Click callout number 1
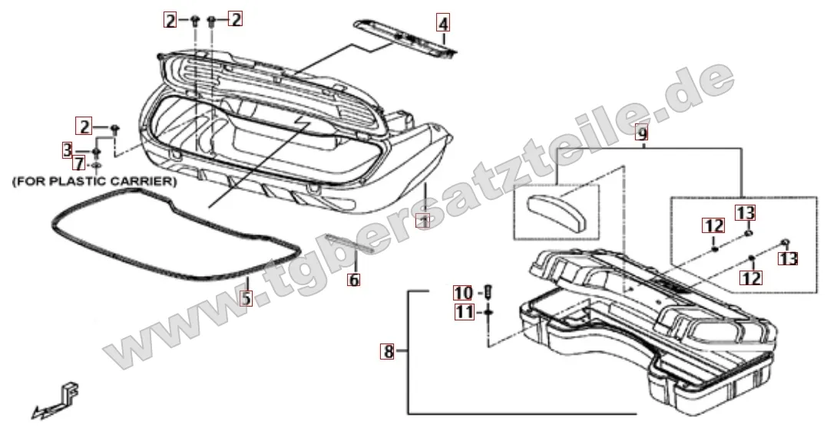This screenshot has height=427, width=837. [422, 220]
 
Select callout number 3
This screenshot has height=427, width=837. [68, 149]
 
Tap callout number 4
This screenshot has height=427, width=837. [443, 23]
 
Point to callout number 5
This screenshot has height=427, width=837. [246, 297]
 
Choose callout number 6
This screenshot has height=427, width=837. [353, 280]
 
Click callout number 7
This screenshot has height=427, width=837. [78, 163]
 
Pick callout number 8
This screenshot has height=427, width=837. [389, 352]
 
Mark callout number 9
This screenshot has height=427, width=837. [643, 133]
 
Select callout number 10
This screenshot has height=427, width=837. [464, 294]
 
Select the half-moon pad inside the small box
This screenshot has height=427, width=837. [555, 207]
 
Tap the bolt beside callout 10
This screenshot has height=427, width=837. [489, 292]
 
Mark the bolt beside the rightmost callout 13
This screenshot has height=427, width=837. [786, 243]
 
